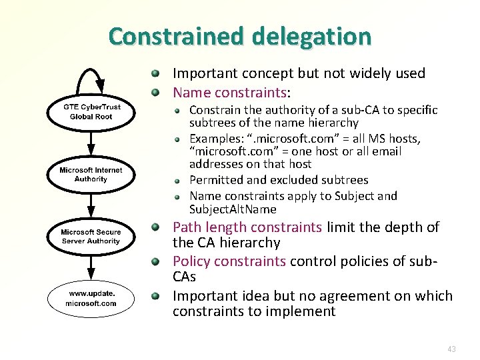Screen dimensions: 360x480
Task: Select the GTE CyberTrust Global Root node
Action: [x=91, y=111]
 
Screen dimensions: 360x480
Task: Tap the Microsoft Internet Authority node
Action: [x=91, y=174]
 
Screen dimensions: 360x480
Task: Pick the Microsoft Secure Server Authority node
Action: [x=91, y=236]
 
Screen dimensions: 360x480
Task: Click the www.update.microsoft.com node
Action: [x=91, y=299]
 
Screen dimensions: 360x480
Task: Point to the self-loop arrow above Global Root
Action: [x=91, y=72]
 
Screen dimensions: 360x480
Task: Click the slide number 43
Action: [x=452, y=349]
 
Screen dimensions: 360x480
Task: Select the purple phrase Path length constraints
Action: [x=247, y=227]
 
